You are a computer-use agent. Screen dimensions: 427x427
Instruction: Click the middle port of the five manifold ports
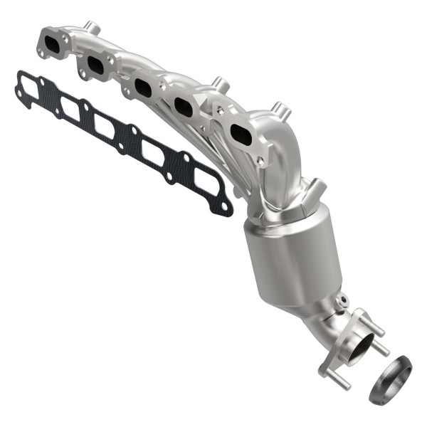[142, 89]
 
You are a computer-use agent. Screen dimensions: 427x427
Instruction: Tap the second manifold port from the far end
[95, 66]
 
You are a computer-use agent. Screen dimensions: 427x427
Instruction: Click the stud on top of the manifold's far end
[92, 28]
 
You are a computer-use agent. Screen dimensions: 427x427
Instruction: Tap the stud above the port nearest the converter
[280, 112]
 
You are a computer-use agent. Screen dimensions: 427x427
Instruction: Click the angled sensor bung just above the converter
[315, 188]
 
